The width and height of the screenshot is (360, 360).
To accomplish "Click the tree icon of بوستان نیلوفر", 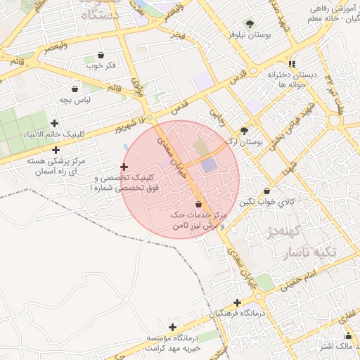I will point(250,24).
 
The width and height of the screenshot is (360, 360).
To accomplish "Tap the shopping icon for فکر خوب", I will point(101,55).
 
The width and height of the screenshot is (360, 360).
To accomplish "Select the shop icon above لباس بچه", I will point(75,89).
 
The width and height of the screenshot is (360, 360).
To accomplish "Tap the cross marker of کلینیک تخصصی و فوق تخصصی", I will point(124,167).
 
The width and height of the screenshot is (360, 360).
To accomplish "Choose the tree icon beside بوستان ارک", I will point(244,130).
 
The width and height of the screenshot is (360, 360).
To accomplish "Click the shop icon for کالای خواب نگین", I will point(266,191).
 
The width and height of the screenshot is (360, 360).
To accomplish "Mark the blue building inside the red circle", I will point(210,165).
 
